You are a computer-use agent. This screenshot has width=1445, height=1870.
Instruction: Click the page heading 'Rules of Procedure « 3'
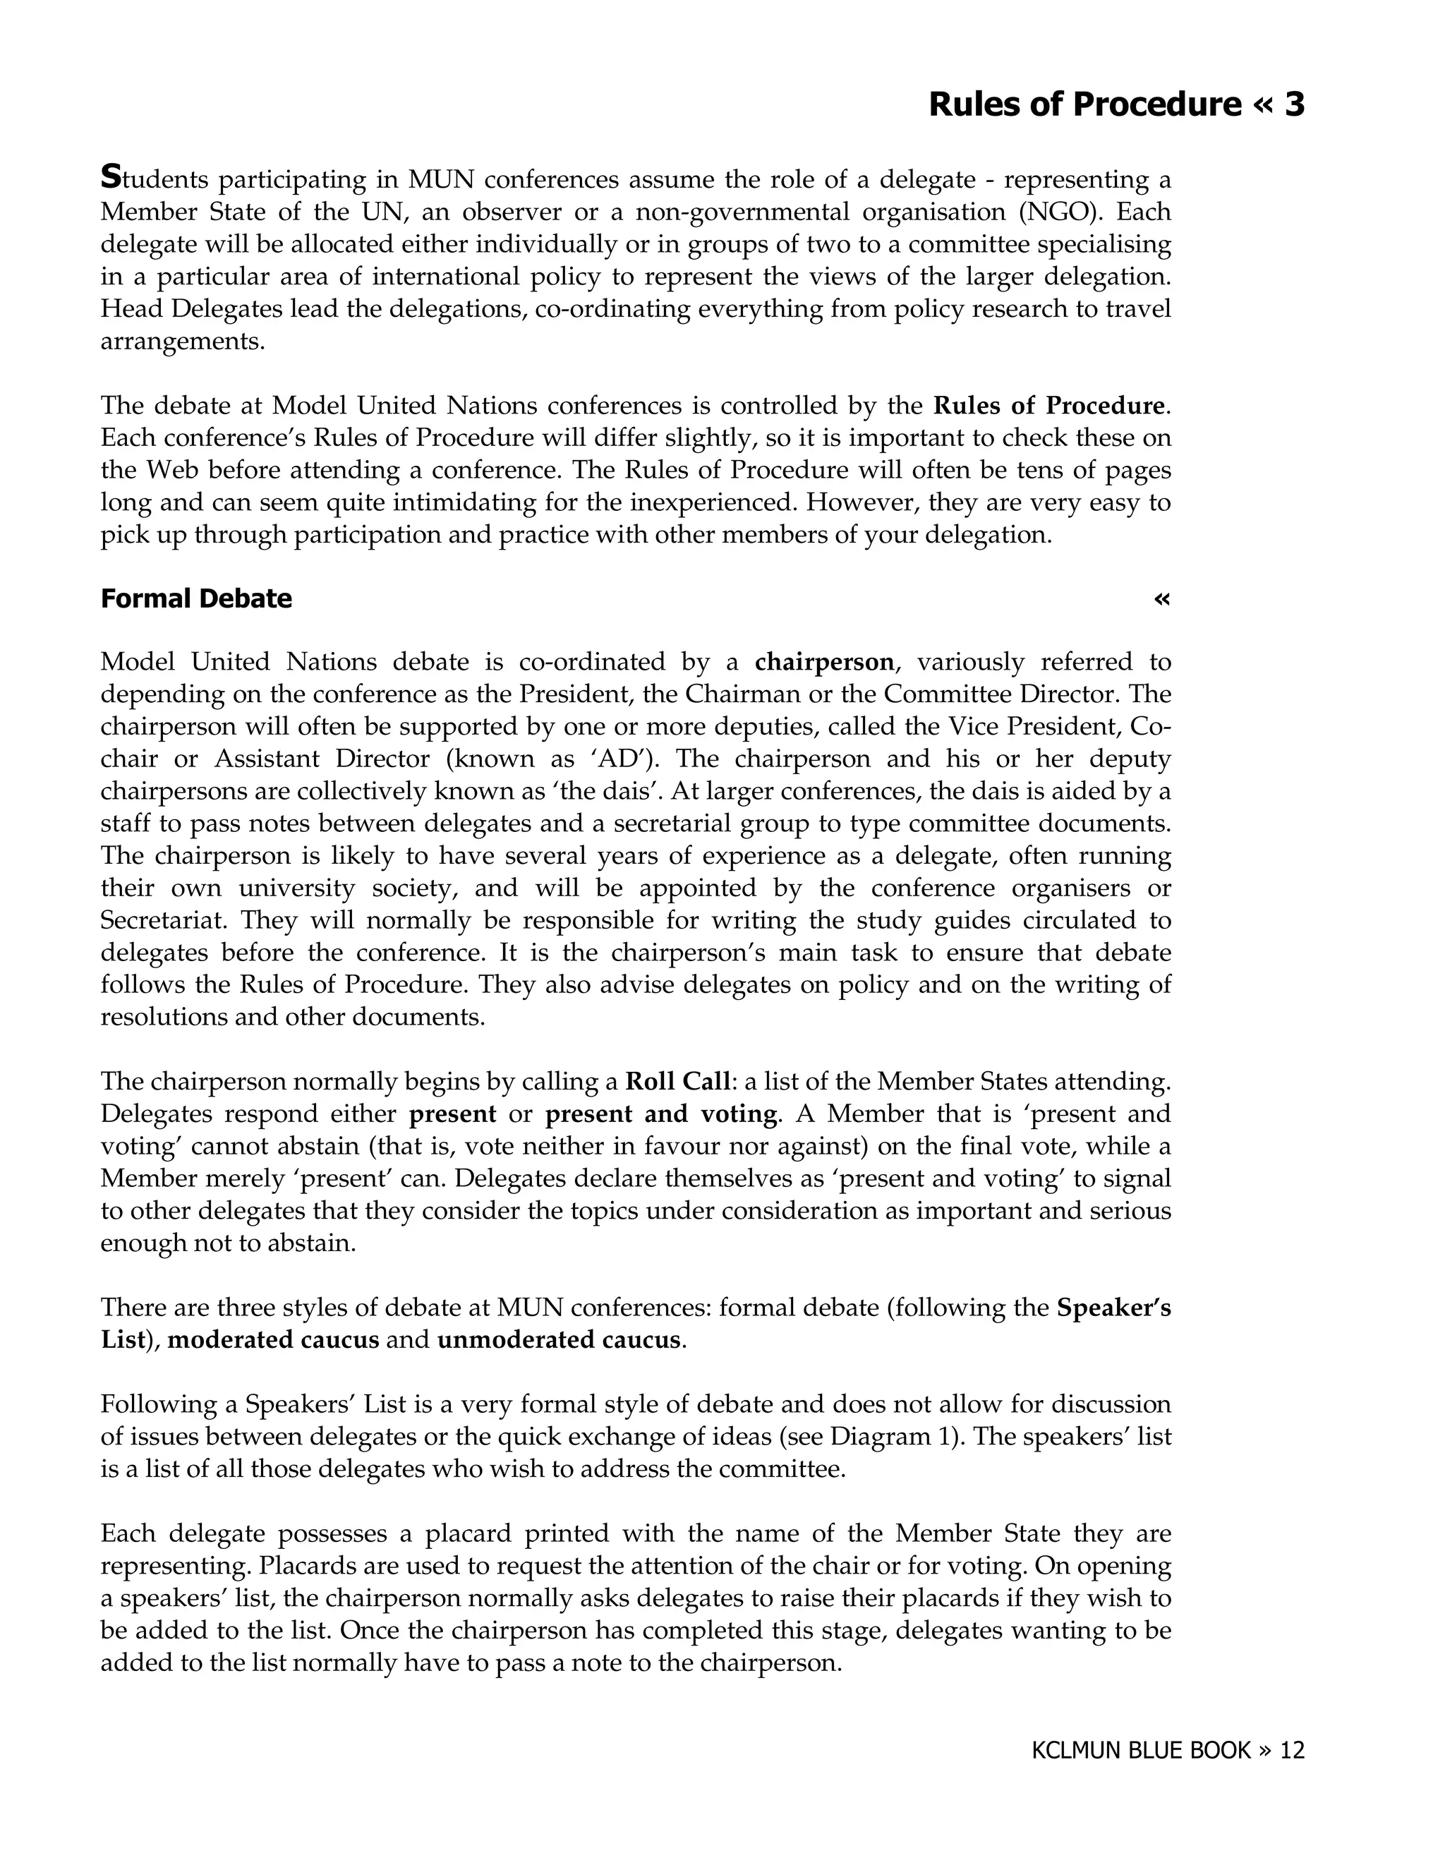(x=1116, y=104)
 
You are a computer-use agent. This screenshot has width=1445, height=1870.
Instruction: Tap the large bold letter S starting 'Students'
(x=111, y=177)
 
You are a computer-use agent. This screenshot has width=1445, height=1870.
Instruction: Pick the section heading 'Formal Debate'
(x=196, y=598)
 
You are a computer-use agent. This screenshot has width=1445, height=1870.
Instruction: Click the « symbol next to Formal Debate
(x=1161, y=598)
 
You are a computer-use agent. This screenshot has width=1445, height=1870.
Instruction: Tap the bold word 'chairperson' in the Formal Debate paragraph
(x=823, y=662)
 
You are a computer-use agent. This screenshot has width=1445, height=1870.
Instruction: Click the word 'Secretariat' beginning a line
(x=164, y=920)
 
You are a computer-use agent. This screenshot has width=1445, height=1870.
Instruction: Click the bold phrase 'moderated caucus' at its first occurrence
(x=273, y=1340)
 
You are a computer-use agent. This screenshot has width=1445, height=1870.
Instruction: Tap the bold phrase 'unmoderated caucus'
(x=559, y=1340)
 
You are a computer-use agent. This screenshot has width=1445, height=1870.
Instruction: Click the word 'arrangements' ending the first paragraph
(x=180, y=342)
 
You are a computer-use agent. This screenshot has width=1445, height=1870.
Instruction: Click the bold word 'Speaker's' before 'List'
(x=1113, y=1308)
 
